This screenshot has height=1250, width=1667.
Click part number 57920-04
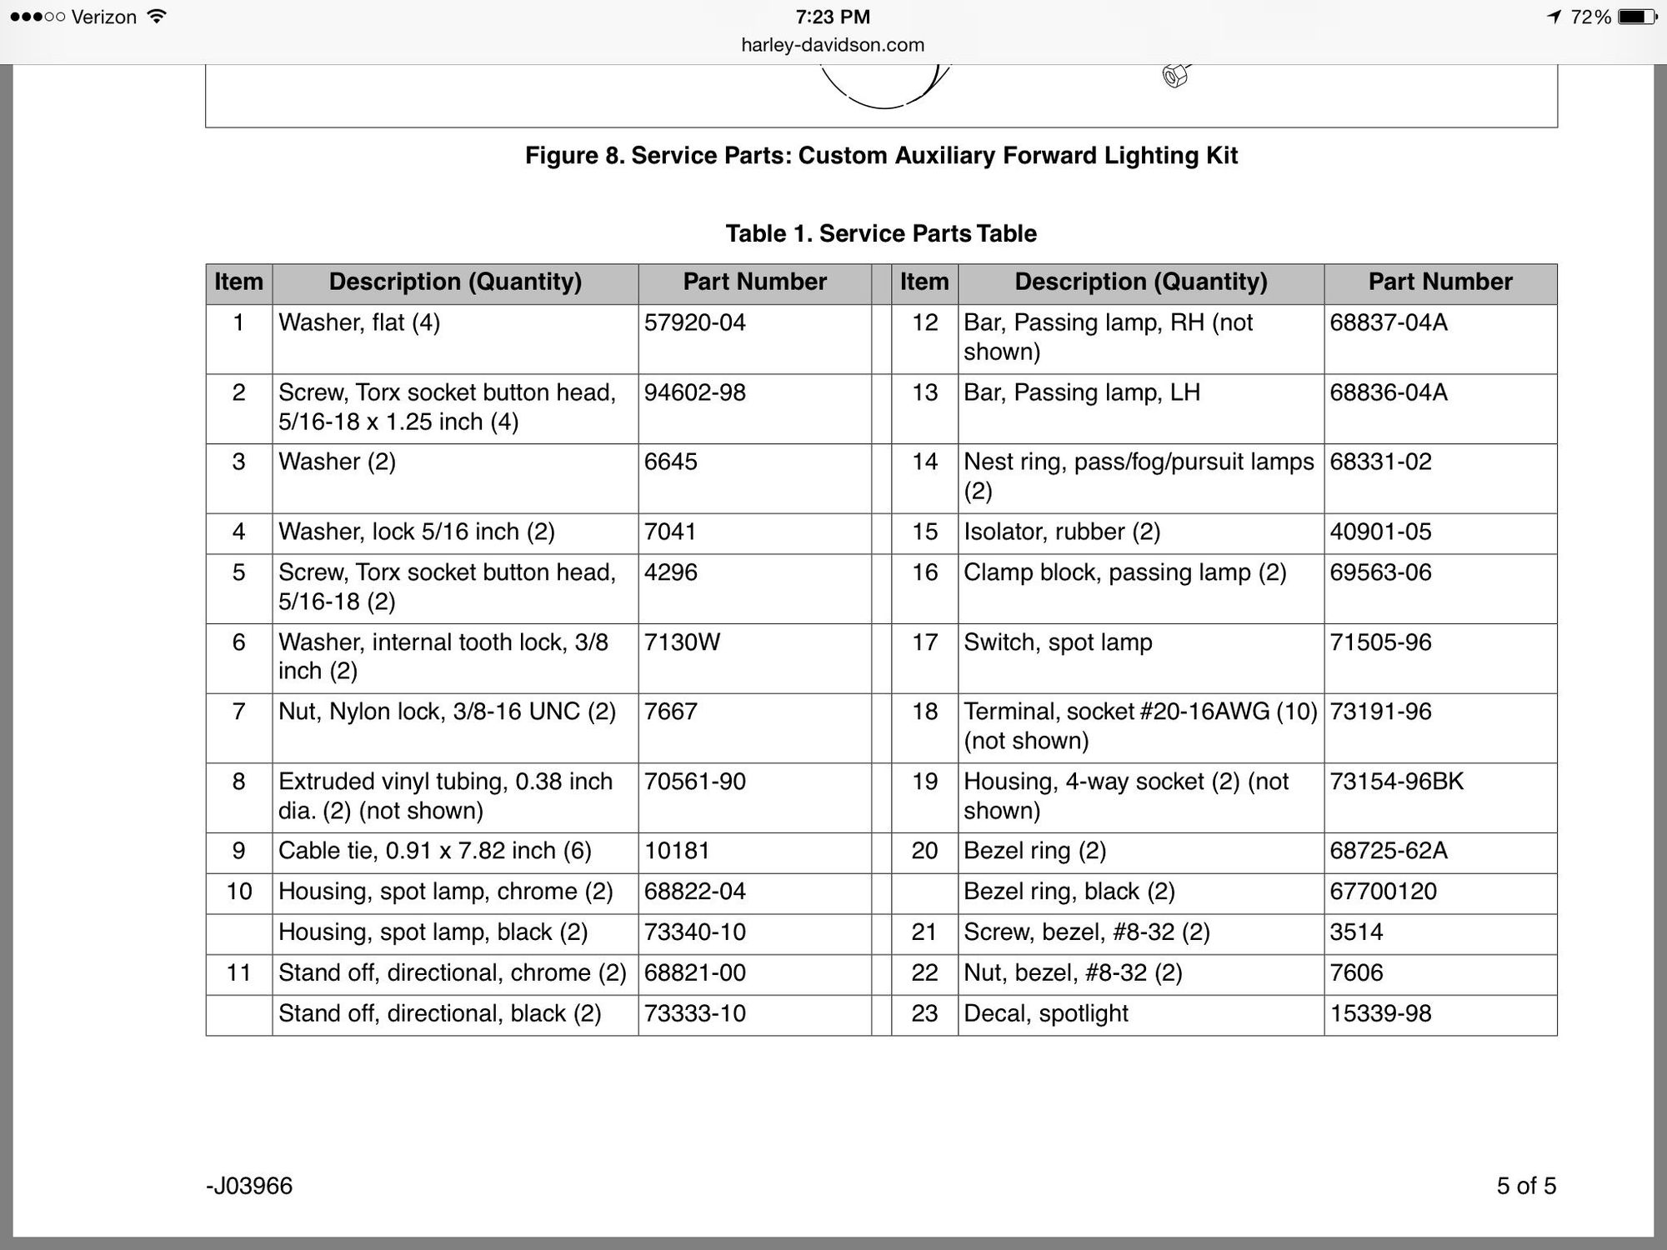[694, 322]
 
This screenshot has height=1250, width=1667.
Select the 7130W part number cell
[682, 642]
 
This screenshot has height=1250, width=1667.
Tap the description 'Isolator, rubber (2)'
[1062, 532]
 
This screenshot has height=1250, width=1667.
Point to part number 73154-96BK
[1396, 782]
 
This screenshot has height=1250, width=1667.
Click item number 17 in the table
[924, 642]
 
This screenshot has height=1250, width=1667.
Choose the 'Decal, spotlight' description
[1045, 1013]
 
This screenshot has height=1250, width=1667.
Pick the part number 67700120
[1383, 892]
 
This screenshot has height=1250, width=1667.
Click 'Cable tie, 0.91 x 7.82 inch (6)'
[434, 851]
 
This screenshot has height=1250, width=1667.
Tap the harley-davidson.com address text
[833, 45]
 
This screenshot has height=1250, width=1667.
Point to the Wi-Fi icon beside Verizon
[156, 16]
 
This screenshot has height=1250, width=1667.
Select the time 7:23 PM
[833, 17]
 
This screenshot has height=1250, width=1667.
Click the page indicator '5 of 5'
[1525, 1186]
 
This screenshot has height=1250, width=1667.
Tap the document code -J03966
[249, 1186]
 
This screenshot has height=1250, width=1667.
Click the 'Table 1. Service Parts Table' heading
[881, 233]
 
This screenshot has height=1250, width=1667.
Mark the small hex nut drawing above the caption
[1174, 77]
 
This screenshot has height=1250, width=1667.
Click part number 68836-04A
[1388, 392]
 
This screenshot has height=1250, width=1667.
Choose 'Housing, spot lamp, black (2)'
[433, 932]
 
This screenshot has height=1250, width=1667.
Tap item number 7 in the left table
[238, 712]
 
